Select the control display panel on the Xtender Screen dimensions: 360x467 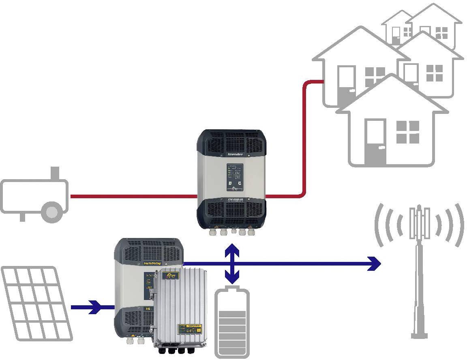[x=235, y=178]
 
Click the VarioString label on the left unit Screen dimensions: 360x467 [x=152, y=263]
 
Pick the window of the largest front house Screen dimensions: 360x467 [x=407, y=132]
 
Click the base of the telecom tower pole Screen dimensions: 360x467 [x=419, y=334]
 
